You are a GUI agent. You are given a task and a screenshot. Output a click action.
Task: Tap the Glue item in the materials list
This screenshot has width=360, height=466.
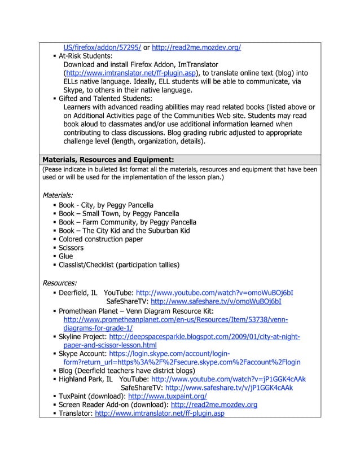point(66,256)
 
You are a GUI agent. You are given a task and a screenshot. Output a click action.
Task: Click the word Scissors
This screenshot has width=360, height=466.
point(71,248)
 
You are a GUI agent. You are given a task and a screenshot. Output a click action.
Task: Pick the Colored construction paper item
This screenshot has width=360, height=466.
point(100,239)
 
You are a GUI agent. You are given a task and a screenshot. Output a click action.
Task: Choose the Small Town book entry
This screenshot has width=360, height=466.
point(103,214)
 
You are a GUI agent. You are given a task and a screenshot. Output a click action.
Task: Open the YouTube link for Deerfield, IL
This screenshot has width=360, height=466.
point(214,293)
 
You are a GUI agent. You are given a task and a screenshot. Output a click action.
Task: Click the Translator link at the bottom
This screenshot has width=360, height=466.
point(160,414)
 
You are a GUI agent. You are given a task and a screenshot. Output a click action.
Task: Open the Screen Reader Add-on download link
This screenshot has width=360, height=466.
point(214,405)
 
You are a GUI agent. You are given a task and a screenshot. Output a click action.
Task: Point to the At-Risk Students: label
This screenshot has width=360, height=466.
point(86,56)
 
